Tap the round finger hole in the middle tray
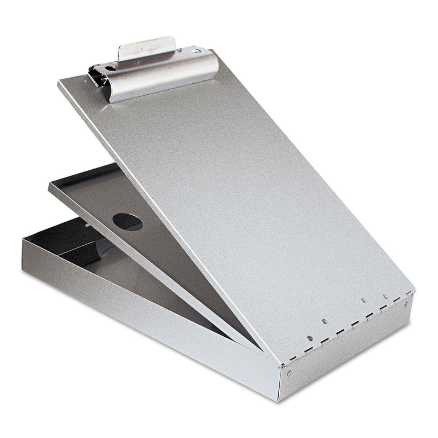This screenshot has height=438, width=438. (127, 221)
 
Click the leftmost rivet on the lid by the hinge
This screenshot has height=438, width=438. (310, 338)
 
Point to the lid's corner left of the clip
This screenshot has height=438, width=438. (59, 83)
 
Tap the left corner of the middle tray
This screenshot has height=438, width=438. (50, 185)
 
